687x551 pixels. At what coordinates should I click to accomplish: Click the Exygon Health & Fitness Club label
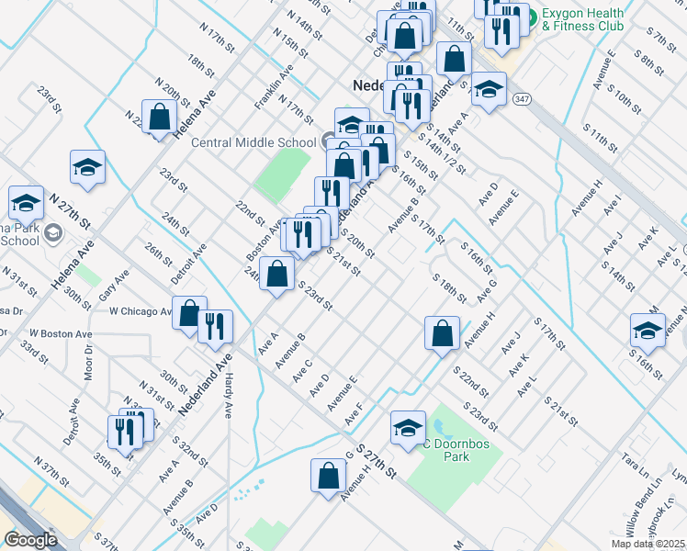581,19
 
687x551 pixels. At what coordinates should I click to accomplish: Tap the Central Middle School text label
253,142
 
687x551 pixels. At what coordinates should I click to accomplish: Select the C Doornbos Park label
451,446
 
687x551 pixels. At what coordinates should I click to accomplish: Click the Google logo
30,540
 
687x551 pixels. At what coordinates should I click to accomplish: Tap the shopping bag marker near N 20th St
160,118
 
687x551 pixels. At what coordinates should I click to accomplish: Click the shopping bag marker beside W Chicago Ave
189,314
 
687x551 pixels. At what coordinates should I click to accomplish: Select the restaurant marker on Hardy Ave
215,327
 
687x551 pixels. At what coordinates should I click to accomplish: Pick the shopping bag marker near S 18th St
442,332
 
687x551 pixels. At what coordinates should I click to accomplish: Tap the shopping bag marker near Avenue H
328,476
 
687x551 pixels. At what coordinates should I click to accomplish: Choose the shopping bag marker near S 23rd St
277,274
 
